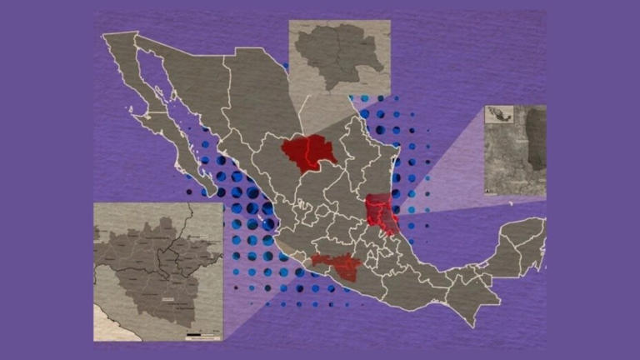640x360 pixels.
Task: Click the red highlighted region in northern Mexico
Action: [307, 152]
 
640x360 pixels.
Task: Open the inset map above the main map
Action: [339, 58]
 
